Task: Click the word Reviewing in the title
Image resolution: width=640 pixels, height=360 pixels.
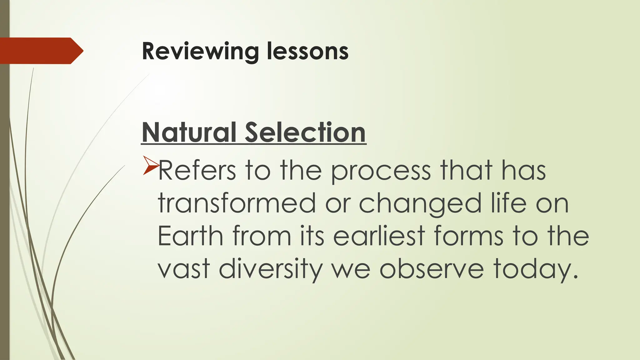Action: [x=200, y=52]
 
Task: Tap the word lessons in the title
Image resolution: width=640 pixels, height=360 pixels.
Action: [x=307, y=52]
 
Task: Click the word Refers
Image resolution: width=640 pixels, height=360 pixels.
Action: [x=197, y=171]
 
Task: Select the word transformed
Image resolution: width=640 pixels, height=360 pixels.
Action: [x=237, y=203]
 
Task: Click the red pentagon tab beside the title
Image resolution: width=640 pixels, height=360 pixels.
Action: [x=41, y=51]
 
